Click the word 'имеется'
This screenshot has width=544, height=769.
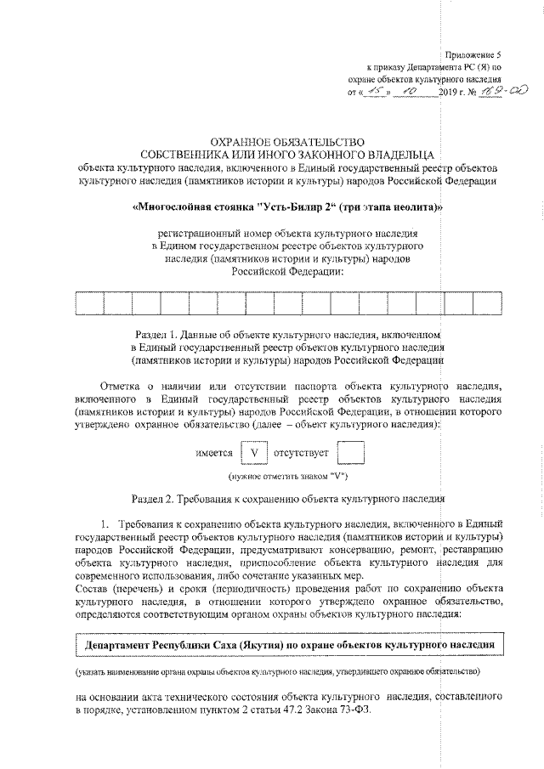(x=214, y=454)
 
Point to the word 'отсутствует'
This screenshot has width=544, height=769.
(x=301, y=454)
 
